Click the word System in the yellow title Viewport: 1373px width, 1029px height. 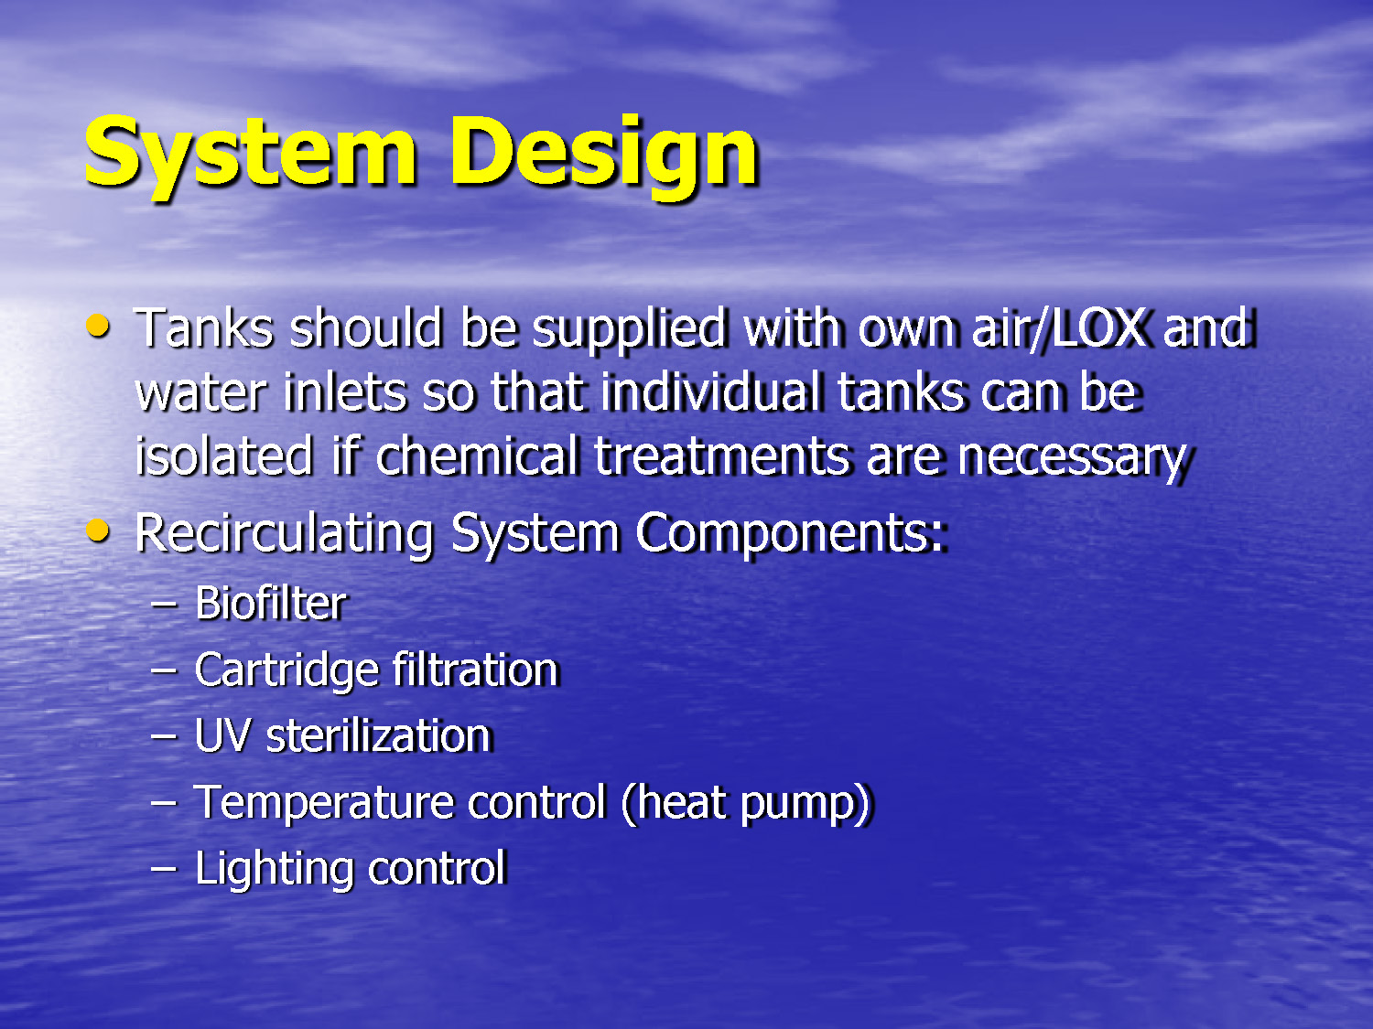250,154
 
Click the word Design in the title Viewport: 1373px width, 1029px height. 603,154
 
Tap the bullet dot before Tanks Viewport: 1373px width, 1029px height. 97,326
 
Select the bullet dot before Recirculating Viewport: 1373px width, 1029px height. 97,531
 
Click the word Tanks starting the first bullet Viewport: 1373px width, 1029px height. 203,328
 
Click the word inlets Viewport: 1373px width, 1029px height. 344,393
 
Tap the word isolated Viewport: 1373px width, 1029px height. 223,456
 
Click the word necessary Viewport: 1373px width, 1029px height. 1072,458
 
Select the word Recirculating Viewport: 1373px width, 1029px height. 284,534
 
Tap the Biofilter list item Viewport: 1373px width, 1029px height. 271,604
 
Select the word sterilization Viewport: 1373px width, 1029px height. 379,736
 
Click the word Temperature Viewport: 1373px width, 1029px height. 323,804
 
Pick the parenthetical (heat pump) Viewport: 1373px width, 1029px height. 747,804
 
